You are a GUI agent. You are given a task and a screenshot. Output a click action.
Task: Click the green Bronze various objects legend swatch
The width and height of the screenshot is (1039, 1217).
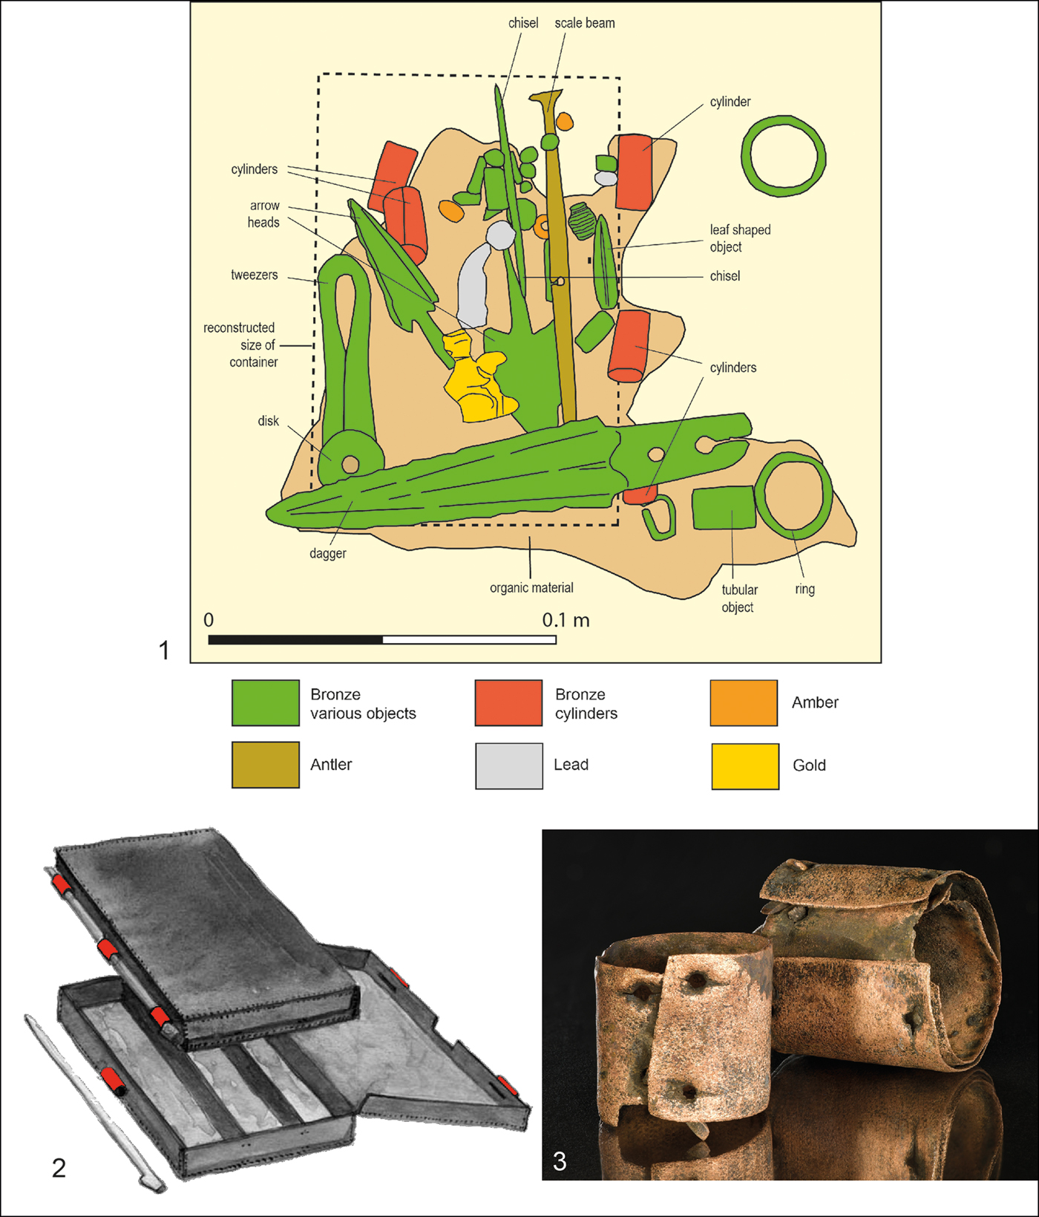tap(266, 702)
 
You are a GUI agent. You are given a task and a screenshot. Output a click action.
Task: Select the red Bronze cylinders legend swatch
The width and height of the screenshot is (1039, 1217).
tap(509, 702)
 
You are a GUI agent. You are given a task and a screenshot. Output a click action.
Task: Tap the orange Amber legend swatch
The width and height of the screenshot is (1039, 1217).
tap(744, 702)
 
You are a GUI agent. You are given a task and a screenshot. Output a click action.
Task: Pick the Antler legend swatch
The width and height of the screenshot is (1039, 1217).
tap(266, 765)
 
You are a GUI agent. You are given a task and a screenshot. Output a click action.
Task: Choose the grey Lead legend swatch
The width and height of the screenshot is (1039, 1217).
tap(509, 766)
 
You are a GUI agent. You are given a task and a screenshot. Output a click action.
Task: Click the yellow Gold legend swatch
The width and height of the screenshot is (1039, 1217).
tap(745, 766)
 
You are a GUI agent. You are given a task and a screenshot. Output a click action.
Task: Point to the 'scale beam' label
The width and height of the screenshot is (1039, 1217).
tap(585, 23)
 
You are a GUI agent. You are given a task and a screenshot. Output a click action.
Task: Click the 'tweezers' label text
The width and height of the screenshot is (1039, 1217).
tap(255, 275)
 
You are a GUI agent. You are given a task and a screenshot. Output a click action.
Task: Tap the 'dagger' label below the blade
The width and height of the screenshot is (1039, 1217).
tap(328, 553)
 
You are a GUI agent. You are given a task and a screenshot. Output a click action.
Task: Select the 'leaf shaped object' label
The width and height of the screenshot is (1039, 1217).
tap(740, 238)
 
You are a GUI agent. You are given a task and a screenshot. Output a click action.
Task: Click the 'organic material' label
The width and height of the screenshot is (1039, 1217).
tap(531, 588)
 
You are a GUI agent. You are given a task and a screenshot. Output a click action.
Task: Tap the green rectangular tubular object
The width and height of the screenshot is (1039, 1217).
tap(724, 508)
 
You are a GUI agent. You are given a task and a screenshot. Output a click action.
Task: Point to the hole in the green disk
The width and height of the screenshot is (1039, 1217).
tap(350, 466)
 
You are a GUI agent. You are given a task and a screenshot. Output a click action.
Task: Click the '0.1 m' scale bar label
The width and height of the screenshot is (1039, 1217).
tap(566, 620)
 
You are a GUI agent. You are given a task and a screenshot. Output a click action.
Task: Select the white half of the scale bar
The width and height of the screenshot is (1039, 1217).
tap(470, 640)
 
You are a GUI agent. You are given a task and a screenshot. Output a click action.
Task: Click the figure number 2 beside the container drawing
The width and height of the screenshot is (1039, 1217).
tap(59, 1168)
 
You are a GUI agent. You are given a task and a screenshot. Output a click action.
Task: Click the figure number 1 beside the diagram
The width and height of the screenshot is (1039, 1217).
tap(164, 650)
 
